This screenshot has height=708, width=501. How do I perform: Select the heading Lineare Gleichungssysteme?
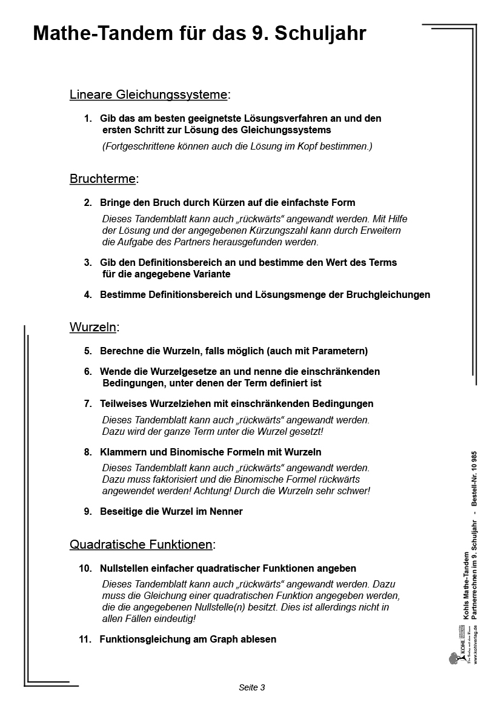coord(148,94)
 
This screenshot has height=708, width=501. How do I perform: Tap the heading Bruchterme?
coord(102,179)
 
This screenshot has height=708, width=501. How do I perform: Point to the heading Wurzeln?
coord(93,327)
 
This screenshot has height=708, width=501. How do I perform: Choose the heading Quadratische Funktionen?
coord(141,544)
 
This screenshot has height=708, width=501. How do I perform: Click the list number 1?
coord(88,118)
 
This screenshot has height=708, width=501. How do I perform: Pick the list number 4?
coord(88,295)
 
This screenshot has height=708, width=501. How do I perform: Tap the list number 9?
coord(88,511)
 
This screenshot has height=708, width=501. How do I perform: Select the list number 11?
coord(85,639)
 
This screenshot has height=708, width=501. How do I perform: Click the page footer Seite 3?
coord(251,687)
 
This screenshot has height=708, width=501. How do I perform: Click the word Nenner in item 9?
coord(227,511)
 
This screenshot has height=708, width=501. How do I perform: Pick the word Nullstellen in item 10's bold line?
coord(125,568)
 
